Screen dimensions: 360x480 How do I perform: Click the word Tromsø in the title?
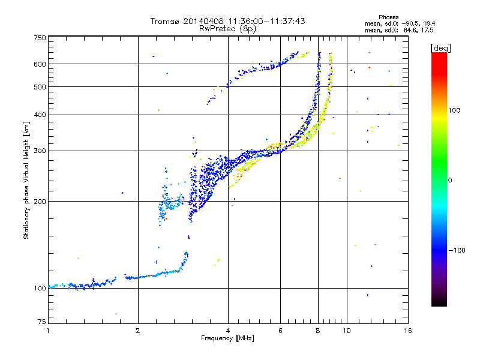[169, 21]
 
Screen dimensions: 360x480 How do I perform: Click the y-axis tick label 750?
[40, 38]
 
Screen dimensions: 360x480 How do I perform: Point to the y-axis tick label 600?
[40, 64]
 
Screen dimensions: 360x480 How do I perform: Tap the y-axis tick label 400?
[40, 115]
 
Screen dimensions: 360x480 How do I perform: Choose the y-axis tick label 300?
[40, 151]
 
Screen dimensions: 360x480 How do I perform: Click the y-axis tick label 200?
[40, 202]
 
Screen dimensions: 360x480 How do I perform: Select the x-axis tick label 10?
[346, 331]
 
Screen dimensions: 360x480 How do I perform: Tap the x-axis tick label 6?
[280, 331]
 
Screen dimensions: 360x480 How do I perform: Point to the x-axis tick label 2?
[138, 331]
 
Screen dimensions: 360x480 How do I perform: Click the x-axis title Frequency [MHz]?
[227, 339]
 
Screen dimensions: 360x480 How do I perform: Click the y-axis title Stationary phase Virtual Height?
[26, 180]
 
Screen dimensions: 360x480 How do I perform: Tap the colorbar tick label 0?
[450, 180]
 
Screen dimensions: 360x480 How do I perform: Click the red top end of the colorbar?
[439, 56]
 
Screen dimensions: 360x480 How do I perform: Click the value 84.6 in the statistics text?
[409, 29]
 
